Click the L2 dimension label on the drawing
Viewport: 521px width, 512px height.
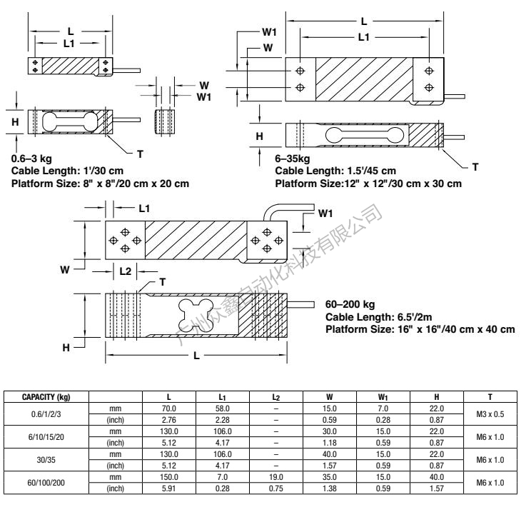click(124, 271)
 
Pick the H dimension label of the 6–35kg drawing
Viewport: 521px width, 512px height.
click(260, 135)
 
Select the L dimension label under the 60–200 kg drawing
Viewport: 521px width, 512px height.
click(196, 355)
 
